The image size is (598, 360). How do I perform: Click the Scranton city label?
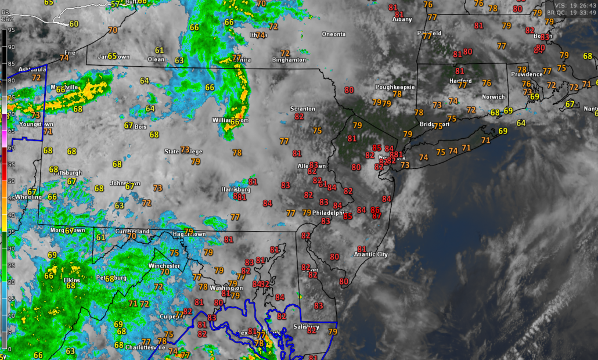(302, 109)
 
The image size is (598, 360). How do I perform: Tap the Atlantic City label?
(371, 254)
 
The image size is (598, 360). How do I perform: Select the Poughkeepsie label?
(395, 87)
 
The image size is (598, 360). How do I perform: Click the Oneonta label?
(334, 34)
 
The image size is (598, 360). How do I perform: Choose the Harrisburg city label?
(236, 189)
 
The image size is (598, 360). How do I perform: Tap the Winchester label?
(165, 265)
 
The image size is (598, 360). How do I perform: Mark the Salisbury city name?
(306, 326)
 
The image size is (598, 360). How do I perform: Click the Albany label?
(402, 19)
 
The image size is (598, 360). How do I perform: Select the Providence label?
(526, 74)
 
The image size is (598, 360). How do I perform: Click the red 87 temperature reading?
(377, 216)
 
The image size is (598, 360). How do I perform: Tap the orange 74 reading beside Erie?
(64, 57)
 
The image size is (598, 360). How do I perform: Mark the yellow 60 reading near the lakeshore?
(74, 24)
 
